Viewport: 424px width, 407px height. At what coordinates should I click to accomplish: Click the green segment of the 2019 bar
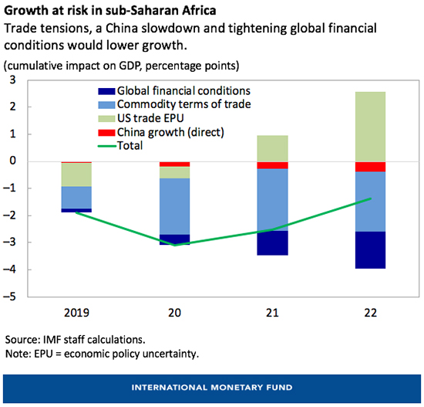76,175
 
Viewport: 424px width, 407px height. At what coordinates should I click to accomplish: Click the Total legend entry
139,145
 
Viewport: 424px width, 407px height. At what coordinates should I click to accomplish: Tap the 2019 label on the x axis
76,314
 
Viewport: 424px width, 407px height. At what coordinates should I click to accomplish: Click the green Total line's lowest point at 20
174,245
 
